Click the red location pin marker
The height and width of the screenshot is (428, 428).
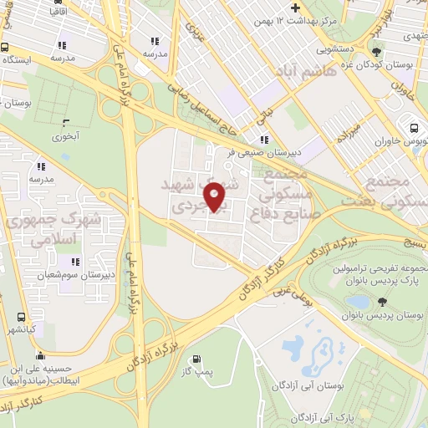215,196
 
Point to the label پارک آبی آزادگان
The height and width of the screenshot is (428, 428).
328,416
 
